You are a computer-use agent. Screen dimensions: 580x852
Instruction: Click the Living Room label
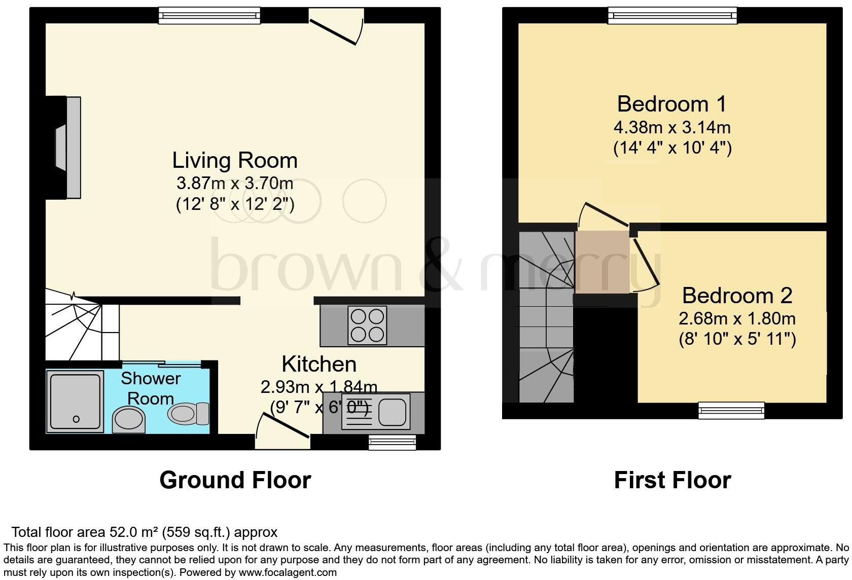(x=235, y=160)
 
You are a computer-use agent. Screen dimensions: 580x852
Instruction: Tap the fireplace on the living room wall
(x=68, y=148)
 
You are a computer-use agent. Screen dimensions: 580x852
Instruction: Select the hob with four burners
(x=367, y=326)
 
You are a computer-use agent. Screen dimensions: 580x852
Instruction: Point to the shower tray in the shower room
(x=75, y=401)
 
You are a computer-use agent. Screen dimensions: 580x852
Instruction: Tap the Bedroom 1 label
(x=671, y=104)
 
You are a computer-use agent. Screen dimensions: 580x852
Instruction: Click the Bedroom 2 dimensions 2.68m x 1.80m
(x=736, y=318)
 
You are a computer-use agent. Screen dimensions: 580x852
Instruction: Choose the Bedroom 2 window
(x=731, y=410)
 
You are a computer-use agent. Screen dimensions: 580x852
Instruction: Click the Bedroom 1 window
(x=672, y=15)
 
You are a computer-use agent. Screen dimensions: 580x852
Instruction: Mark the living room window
(x=209, y=15)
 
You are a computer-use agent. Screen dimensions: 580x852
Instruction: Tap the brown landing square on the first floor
(x=602, y=262)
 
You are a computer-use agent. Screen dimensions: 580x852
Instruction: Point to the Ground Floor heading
(x=235, y=480)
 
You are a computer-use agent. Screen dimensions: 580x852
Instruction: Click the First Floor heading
(x=672, y=480)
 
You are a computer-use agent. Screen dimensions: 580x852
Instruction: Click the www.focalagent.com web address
(x=287, y=572)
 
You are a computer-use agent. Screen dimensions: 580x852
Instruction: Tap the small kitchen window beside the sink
(x=392, y=442)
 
